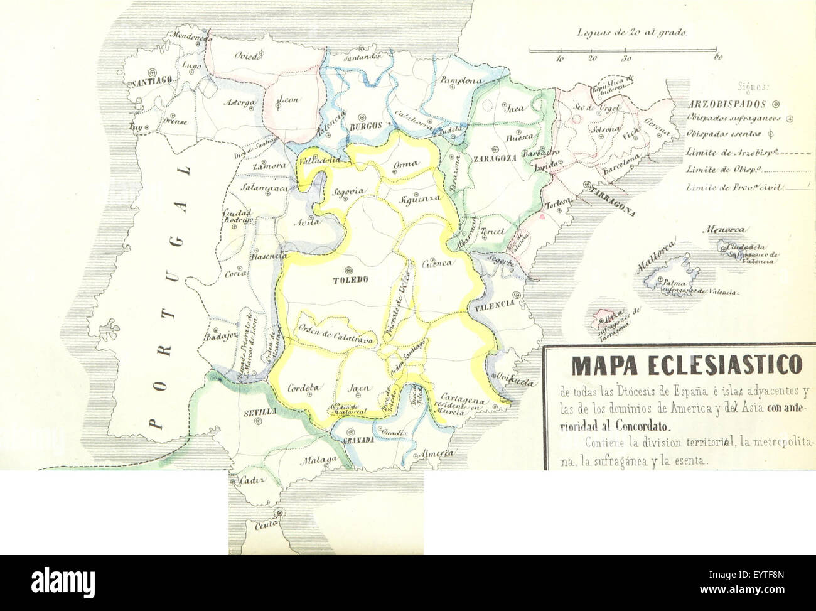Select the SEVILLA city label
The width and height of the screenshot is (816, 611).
click(x=258, y=413)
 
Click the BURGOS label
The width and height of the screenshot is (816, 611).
click(x=365, y=126)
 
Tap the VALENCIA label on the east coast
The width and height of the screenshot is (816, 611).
click(x=495, y=303)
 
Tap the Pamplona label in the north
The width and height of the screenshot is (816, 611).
click(x=461, y=80)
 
